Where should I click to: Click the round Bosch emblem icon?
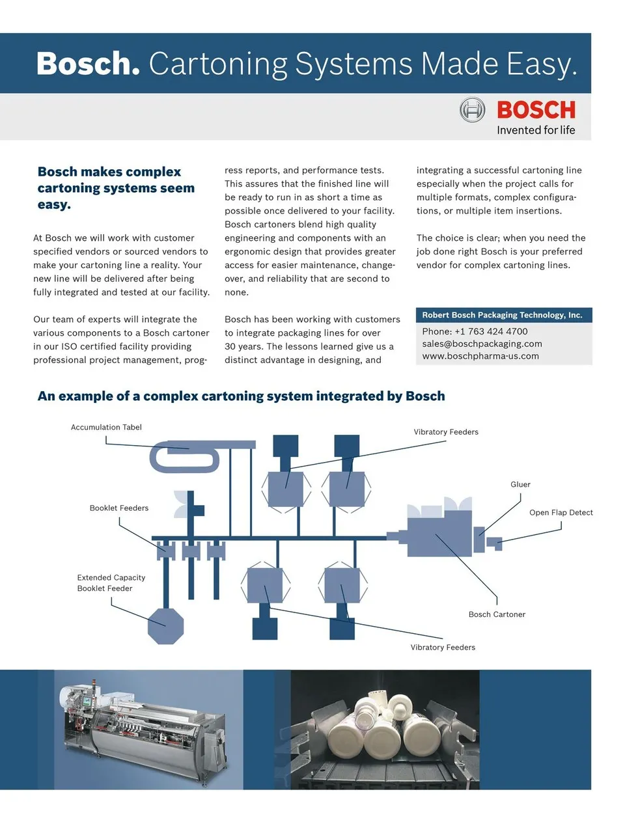click(x=472, y=110)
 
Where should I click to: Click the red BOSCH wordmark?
click(x=536, y=110)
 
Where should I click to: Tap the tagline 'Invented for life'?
click(x=536, y=130)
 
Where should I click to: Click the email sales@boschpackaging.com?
click(x=482, y=344)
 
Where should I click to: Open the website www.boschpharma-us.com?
click(x=480, y=356)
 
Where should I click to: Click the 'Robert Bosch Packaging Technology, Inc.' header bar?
click(x=502, y=315)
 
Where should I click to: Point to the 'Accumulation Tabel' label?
click(x=106, y=428)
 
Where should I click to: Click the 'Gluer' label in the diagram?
click(x=520, y=485)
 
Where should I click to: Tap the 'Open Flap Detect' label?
click(x=561, y=513)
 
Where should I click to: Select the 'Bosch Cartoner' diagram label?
click(x=497, y=614)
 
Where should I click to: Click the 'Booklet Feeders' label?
click(x=119, y=508)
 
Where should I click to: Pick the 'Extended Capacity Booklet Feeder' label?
click(x=111, y=583)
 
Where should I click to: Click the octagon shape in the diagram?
click(x=165, y=626)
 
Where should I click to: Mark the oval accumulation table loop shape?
click(x=185, y=458)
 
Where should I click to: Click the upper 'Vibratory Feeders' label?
click(x=446, y=432)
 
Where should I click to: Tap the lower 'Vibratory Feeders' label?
click(x=443, y=648)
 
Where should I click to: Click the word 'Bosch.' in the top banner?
click(x=88, y=64)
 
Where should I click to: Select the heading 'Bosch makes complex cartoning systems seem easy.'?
click(x=116, y=188)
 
